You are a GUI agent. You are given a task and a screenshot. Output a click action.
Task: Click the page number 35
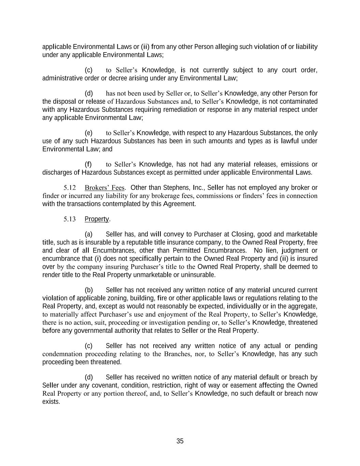180,441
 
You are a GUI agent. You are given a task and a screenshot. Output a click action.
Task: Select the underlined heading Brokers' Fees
105,188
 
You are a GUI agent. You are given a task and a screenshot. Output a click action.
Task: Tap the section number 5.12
69,188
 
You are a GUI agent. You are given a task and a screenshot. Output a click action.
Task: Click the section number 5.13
69,219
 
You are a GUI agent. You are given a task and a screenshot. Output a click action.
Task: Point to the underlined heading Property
97,219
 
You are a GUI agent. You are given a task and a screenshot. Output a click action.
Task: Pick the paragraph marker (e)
88,133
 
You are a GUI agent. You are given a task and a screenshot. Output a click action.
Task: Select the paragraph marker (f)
88,164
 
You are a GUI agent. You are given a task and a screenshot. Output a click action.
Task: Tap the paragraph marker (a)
88,234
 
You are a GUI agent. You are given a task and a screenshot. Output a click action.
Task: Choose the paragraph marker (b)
88,290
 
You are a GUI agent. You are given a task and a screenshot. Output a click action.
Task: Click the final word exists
51,402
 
